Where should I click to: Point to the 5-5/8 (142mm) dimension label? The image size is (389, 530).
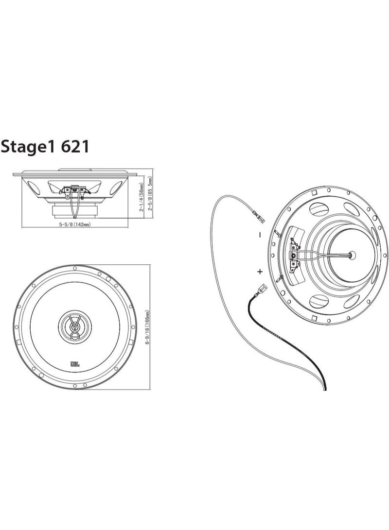(75, 224)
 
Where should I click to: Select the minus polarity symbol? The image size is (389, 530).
(260, 235)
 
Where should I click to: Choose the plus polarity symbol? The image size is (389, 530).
(260, 271)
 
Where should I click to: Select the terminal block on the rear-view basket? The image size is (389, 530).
(295, 254)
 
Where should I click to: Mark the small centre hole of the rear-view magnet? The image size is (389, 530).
(352, 254)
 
